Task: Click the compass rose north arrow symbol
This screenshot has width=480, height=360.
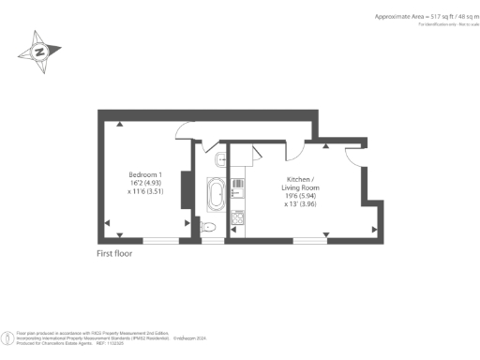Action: click(40, 52)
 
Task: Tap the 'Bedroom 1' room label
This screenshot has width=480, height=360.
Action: click(145, 175)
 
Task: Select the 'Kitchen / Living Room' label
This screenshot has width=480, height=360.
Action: click(301, 184)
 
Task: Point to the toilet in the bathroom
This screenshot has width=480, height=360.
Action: click(208, 226)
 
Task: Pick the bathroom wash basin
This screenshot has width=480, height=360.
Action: click(218, 158)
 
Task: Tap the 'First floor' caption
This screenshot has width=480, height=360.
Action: click(120, 254)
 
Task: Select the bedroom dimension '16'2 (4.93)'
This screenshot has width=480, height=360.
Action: click(145, 185)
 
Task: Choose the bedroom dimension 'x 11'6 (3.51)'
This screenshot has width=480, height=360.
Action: click(145, 194)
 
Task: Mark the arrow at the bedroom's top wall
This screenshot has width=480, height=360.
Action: click(119, 123)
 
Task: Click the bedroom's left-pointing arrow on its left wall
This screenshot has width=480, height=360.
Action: click(107, 222)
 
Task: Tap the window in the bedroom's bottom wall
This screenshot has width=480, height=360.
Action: click(160, 240)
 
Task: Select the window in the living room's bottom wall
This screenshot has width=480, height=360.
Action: click(306, 240)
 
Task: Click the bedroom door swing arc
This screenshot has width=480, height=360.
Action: click(184, 132)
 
